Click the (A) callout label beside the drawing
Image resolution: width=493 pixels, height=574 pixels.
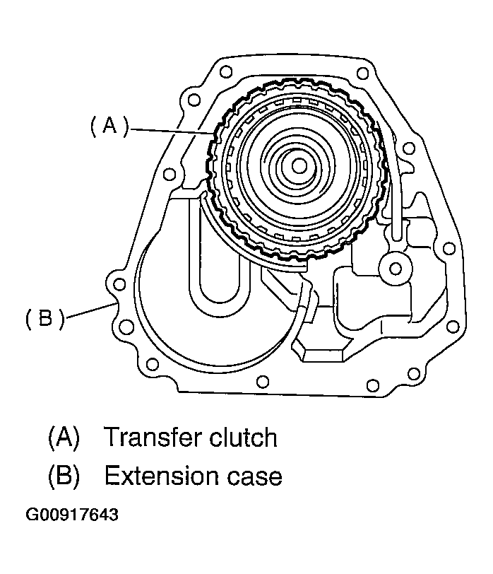[x=109, y=127]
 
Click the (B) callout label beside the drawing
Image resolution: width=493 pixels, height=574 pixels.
[x=44, y=320]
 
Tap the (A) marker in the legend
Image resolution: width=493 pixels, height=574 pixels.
[x=62, y=438]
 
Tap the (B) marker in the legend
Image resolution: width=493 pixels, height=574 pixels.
[x=62, y=476]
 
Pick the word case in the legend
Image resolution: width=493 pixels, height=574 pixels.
[x=255, y=476]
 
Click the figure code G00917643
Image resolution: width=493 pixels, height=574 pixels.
[x=72, y=515]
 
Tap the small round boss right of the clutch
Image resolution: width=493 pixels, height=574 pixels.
[x=395, y=267]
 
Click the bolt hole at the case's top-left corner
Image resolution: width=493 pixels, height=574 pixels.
[x=226, y=71]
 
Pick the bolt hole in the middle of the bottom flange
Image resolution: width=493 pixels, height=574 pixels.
[x=262, y=382]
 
